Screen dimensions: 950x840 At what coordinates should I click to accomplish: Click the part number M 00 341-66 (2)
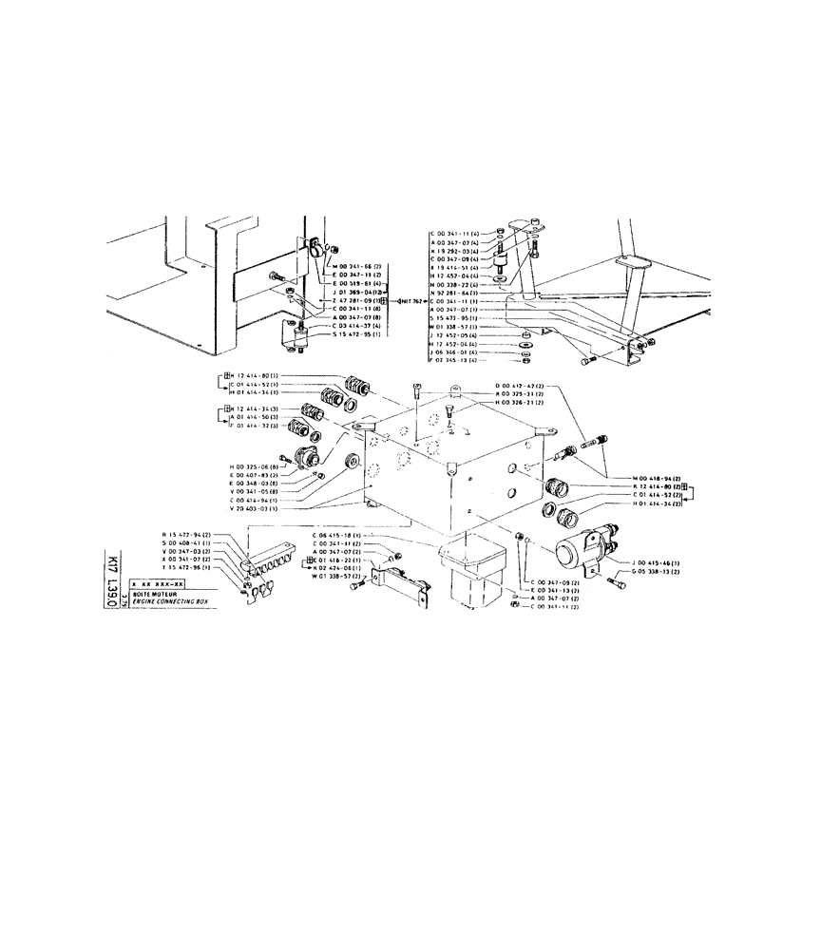[x=355, y=267]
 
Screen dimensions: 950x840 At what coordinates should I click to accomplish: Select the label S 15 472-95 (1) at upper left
[x=357, y=333]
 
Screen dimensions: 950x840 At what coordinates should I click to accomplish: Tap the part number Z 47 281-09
[x=353, y=300]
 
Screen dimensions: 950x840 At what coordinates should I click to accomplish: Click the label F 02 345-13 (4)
[x=457, y=360]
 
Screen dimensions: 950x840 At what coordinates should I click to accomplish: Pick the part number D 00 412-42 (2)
[x=520, y=385]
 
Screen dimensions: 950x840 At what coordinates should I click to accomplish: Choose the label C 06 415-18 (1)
[x=338, y=535]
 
